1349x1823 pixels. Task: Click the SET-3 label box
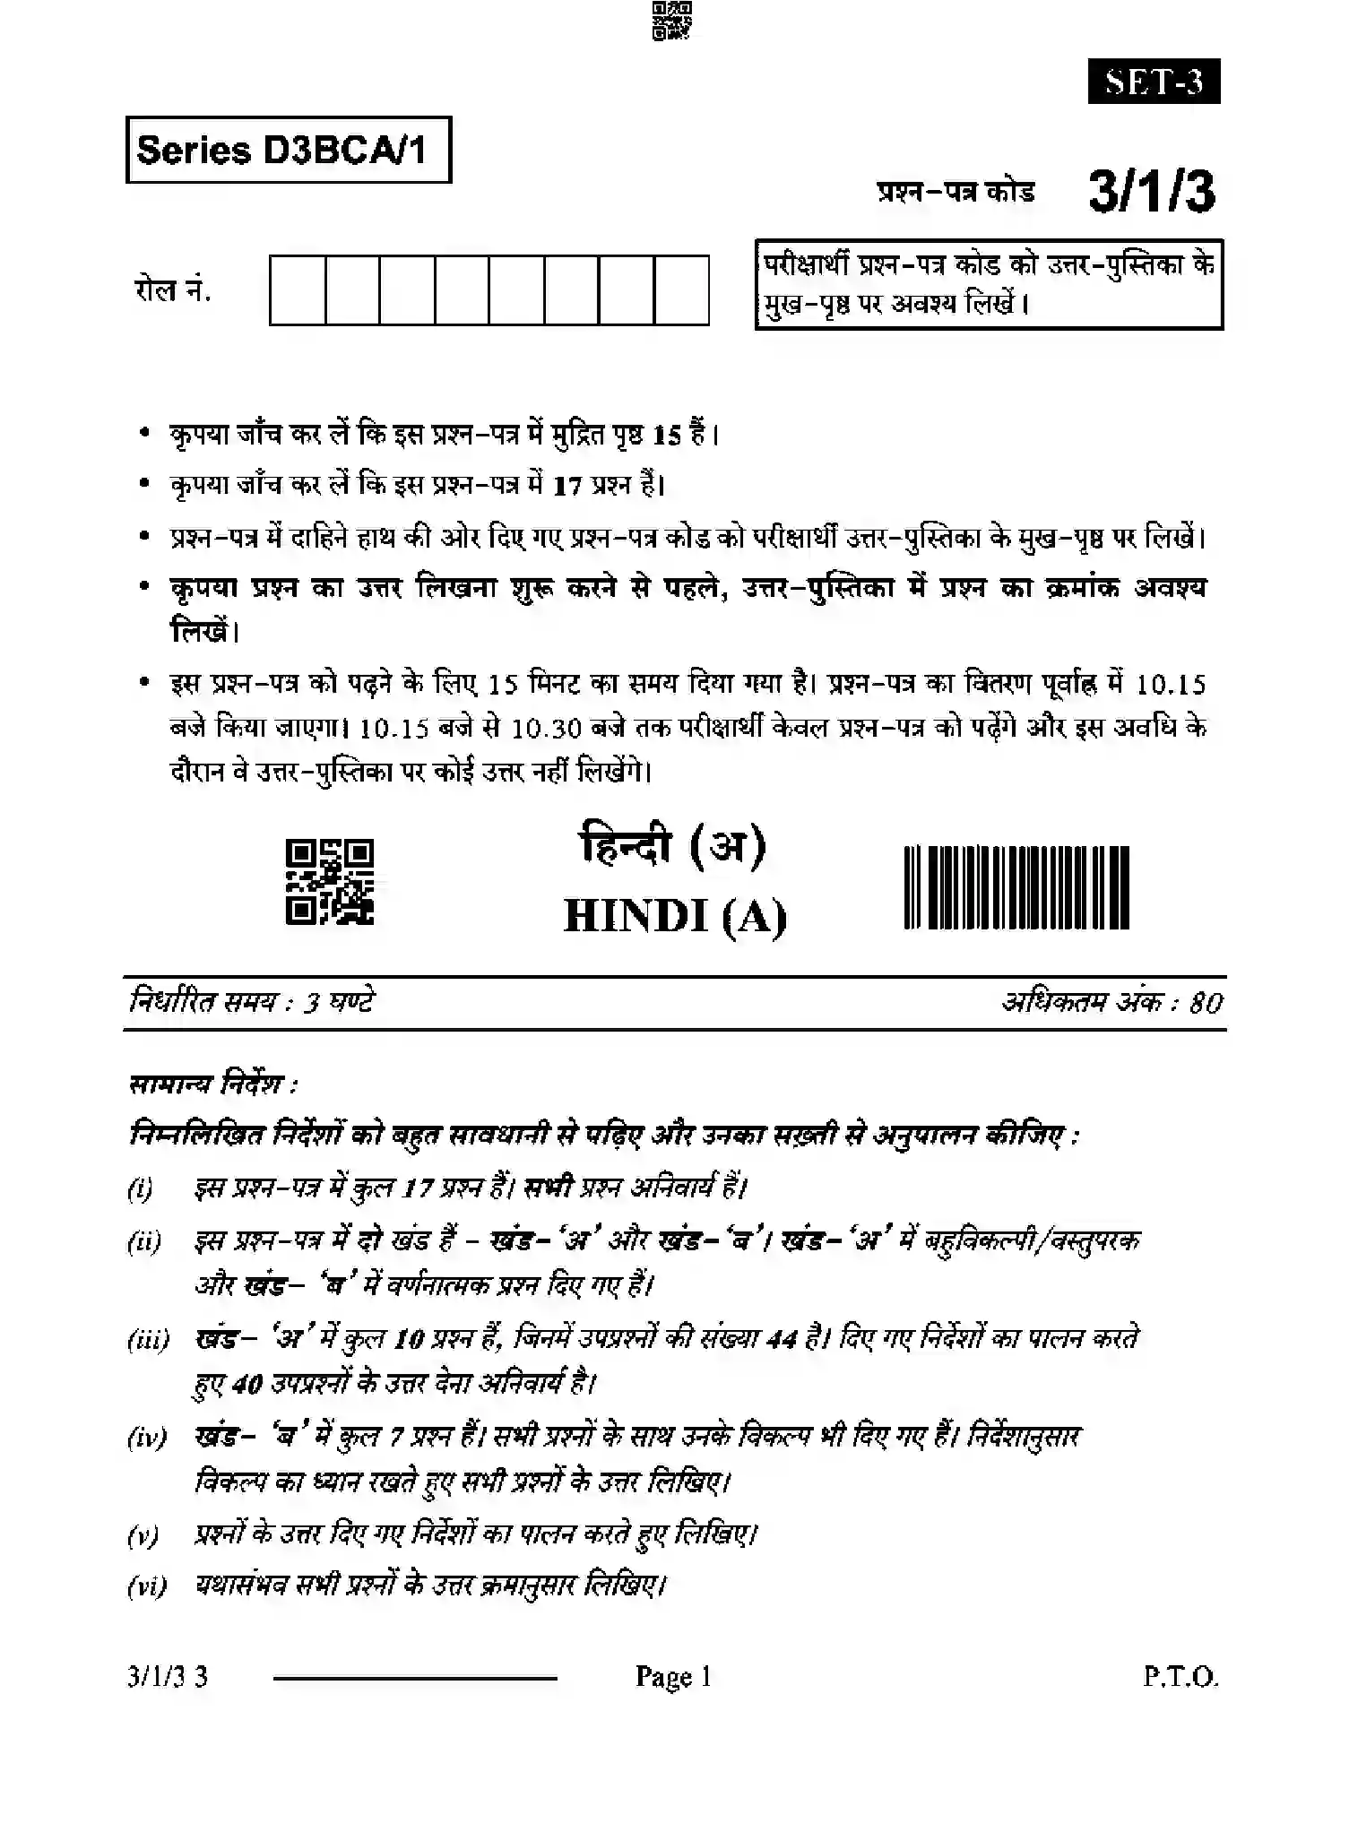click(1154, 82)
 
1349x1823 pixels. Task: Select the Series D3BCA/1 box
click(288, 150)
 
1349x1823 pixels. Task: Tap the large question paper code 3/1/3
click(1152, 192)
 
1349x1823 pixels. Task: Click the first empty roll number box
click(298, 289)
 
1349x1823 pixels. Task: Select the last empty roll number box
click(681, 289)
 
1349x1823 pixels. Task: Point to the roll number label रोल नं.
click(172, 290)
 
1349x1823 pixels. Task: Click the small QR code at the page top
click(672, 22)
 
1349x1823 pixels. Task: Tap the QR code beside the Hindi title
click(329, 882)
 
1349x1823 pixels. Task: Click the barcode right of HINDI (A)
click(1016, 887)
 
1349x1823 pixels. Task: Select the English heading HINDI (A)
click(675, 916)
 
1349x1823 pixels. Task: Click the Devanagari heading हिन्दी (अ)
click(673, 846)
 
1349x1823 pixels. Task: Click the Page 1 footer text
click(673, 1677)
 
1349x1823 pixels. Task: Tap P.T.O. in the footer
click(1180, 1677)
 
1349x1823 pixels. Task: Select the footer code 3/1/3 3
click(168, 1677)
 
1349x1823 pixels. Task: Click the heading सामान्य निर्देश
click(212, 1085)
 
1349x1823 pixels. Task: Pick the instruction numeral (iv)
click(146, 1439)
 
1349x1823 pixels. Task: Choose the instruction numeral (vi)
click(147, 1587)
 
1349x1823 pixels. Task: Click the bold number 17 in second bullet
click(567, 487)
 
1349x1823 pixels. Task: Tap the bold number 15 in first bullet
click(667, 436)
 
